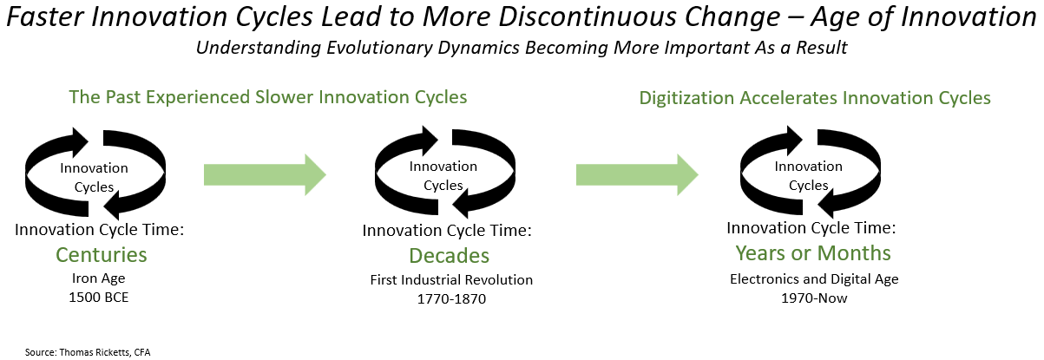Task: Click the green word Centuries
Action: (x=102, y=255)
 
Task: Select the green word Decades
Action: (x=450, y=256)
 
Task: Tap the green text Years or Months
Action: (x=813, y=253)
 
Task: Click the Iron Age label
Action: (x=98, y=278)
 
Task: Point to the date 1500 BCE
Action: (x=98, y=298)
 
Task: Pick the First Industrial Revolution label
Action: (x=451, y=280)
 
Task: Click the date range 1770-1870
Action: (x=451, y=298)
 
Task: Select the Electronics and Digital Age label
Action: (x=814, y=279)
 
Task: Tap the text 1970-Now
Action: (x=814, y=298)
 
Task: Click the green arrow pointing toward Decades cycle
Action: (x=265, y=174)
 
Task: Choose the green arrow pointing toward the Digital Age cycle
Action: (x=637, y=174)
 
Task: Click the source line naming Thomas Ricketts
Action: (x=88, y=352)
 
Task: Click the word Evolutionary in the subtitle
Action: (x=379, y=48)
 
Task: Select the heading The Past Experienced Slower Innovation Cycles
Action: (x=268, y=97)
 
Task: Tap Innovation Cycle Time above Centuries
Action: (x=99, y=230)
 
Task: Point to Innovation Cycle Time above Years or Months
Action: (x=811, y=228)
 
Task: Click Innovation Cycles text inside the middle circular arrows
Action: (x=443, y=175)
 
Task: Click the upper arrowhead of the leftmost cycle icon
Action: (x=77, y=141)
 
